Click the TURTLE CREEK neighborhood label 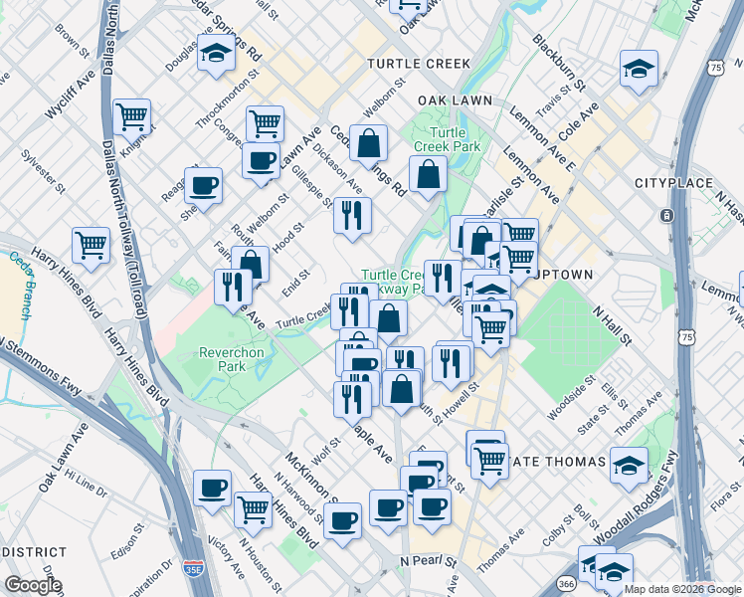(418, 63)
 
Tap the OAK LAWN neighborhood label (457, 100)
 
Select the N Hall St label (612, 325)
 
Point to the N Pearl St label (428, 561)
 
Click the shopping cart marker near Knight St (131, 116)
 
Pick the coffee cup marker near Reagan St (203, 185)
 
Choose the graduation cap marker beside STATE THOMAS (629, 465)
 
